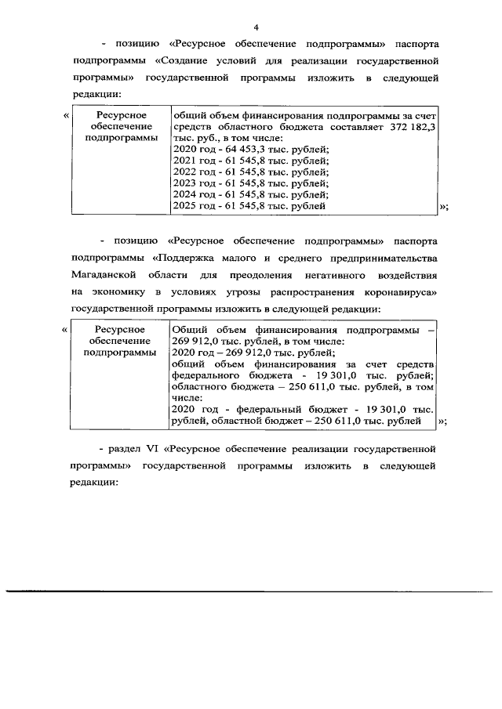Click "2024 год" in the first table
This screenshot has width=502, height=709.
pyautogui.click(x=191, y=194)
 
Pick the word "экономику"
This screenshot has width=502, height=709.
pyautogui.click(x=118, y=292)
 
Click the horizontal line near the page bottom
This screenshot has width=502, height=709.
pyautogui.click(x=251, y=591)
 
